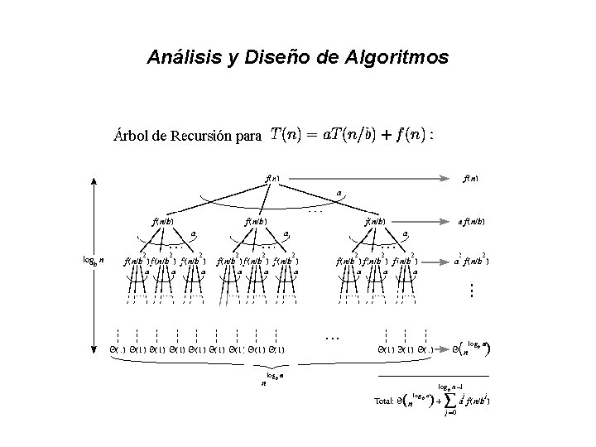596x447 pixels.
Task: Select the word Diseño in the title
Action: pyautogui.click(x=270, y=58)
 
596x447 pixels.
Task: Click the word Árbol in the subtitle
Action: pyautogui.click(x=130, y=137)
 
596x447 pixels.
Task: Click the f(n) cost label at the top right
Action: pyautogui.click(x=473, y=177)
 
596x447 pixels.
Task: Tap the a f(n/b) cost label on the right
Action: pyautogui.click(x=472, y=222)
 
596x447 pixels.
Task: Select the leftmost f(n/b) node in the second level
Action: pyautogui.click(x=162, y=222)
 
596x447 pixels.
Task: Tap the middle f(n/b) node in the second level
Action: pyautogui.click(x=255, y=222)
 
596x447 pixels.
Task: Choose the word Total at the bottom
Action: pyautogui.click(x=384, y=402)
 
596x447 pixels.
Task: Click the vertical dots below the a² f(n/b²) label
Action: pyautogui.click(x=471, y=291)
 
